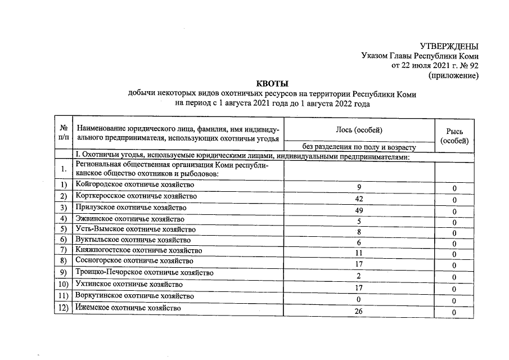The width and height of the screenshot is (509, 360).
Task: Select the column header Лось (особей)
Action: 359,130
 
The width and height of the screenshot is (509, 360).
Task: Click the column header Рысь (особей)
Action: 454,136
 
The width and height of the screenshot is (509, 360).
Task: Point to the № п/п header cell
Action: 64,133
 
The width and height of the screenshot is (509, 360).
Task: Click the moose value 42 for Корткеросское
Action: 359,199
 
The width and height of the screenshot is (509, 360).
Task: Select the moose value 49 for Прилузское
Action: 359,210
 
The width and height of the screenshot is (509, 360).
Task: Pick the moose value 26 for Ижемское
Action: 359,312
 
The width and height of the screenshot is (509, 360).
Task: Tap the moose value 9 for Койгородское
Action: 359,187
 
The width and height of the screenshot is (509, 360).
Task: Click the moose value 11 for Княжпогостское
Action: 359,253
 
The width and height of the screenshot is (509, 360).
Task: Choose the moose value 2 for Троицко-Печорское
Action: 359,276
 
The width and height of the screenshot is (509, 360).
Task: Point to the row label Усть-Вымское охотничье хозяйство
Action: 136,229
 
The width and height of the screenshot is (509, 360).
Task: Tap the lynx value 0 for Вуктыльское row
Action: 454,244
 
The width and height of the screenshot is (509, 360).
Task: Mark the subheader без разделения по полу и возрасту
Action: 359,147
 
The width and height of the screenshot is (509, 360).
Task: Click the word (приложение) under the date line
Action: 453,75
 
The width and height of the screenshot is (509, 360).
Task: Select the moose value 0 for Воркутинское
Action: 359,299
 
